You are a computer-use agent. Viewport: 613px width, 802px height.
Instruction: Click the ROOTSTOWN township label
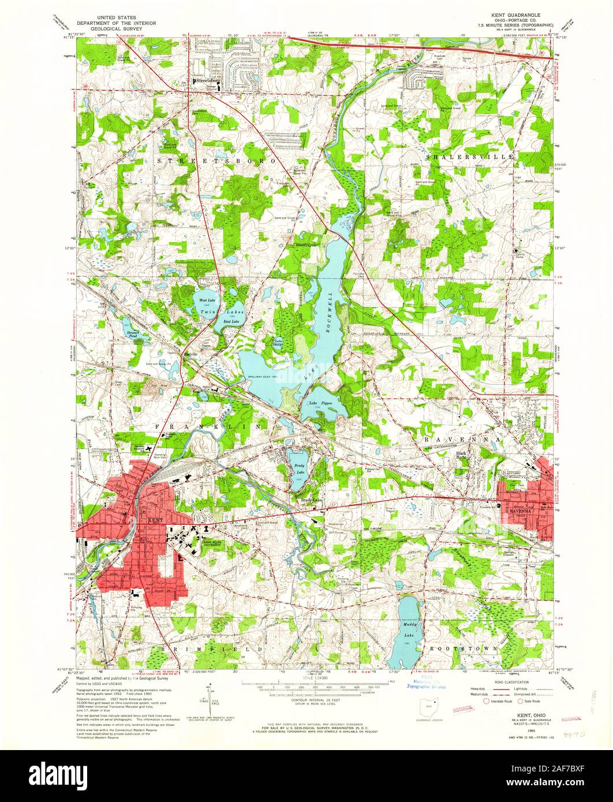[464, 649]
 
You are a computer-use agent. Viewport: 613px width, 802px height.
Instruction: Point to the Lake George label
[278, 343]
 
